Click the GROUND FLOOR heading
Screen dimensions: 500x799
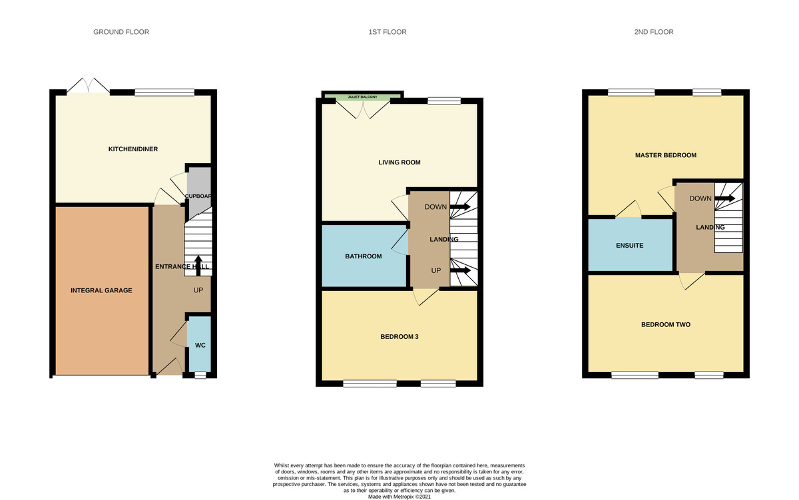[x=121, y=32]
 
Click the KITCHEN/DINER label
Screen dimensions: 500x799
[x=133, y=149]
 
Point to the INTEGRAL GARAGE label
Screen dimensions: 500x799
[x=102, y=290]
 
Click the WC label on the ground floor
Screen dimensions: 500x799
[x=200, y=346]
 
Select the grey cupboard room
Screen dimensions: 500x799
[x=198, y=193]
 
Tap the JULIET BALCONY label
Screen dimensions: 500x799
[x=362, y=98]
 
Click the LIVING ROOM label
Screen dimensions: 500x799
[x=400, y=162]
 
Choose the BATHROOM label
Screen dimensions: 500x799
[x=363, y=256]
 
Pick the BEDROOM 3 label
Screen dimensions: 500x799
[x=400, y=337]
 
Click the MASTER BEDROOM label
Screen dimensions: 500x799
[x=666, y=155]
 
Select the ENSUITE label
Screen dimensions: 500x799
[x=630, y=246]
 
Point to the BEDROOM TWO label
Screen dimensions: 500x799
[x=666, y=325]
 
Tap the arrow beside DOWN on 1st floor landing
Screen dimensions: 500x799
[x=460, y=207]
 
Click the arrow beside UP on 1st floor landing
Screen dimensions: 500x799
[x=460, y=271]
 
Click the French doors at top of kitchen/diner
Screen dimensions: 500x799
[x=89, y=87]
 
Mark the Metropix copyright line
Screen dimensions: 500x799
[x=400, y=497]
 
